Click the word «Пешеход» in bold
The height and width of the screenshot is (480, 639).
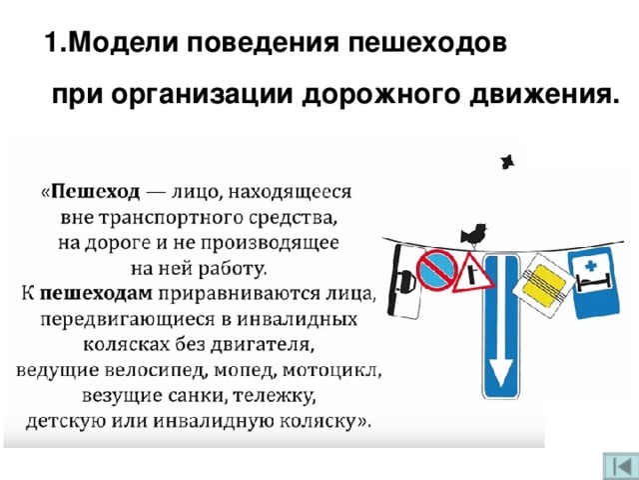click(96, 191)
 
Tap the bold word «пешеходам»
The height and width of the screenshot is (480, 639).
click(96, 293)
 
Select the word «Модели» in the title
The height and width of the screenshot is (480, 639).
click(121, 42)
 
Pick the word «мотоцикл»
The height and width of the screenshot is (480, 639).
click(329, 370)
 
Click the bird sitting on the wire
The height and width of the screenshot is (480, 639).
click(473, 235)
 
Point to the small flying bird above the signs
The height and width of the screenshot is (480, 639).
click(507, 162)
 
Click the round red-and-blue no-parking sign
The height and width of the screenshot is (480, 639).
click(436, 269)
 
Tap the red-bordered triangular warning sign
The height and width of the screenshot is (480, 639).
click(472, 273)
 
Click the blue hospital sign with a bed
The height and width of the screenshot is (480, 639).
click(594, 282)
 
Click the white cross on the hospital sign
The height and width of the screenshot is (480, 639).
click(590, 267)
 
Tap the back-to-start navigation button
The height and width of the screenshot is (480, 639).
click(620, 466)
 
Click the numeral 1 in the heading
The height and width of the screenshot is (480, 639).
click(51, 42)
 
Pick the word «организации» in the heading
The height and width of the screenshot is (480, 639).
click(207, 97)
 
